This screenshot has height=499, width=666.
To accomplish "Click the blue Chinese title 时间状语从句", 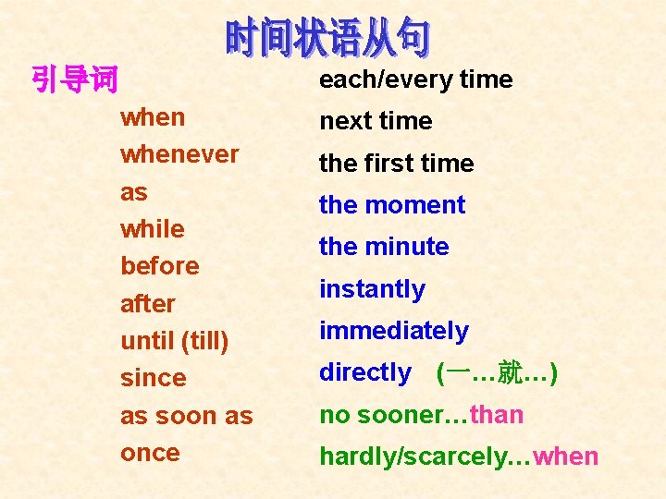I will coord(327,38).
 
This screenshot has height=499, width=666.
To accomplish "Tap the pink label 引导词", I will coord(75,80).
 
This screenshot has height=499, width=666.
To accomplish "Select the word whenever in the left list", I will coord(179,154).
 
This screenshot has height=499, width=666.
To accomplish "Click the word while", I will coord(153,228).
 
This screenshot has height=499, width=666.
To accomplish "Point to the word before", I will coord(160,266).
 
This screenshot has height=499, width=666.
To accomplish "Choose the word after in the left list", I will coord(148,303).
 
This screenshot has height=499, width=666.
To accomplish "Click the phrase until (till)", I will coord(175,341).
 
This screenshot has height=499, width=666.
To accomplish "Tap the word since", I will coord(154,378).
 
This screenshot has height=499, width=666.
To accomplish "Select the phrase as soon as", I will coord(187,416).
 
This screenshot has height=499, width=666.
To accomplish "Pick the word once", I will coord(151,453).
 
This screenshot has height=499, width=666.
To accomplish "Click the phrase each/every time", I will coord(416,79).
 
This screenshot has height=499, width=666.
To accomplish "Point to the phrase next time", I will coord(376,121).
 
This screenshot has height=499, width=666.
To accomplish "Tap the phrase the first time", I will coord(396,164).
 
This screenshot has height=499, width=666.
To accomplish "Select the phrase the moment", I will coord(392,205).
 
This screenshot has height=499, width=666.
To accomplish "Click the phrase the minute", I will coord(384,247).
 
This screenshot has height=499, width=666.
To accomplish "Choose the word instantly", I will coord(372,289).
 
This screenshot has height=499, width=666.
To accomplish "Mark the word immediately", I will coord(394,331).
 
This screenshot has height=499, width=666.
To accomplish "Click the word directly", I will coord(365,372).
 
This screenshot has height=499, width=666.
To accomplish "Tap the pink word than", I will coord(497,415).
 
